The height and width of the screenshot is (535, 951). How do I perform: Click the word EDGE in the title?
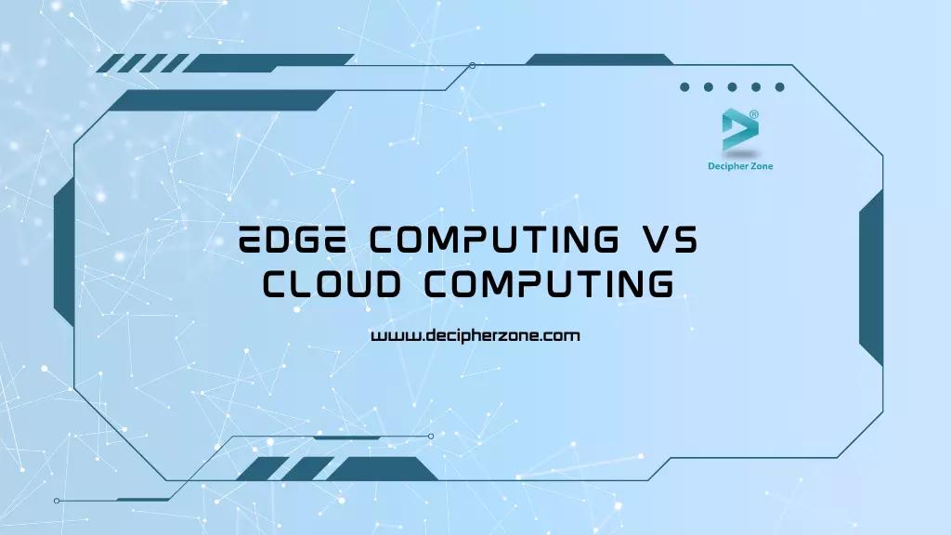[293, 239]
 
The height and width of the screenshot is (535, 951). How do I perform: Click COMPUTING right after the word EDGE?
[494, 239]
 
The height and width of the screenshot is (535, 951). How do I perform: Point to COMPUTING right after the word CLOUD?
[549, 284]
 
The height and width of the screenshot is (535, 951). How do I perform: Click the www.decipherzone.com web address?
[475, 335]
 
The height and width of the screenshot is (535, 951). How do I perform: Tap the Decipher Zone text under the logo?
[740, 166]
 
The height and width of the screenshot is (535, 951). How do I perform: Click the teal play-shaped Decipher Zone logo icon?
[739, 130]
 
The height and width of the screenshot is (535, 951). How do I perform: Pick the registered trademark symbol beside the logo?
[754, 114]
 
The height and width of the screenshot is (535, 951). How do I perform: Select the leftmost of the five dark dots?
[684, 87]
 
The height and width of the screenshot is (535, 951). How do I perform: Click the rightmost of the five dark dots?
[780, 87]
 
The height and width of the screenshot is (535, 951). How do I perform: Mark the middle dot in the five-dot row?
[732, 87]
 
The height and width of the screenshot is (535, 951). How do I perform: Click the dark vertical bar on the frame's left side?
[64, 253]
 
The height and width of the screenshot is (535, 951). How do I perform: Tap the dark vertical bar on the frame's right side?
[871, 277]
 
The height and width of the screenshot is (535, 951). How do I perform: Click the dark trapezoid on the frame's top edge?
[599, 59]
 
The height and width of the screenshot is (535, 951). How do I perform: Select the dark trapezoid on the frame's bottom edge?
[382, 469]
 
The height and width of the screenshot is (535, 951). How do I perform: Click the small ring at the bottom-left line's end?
[57, 501]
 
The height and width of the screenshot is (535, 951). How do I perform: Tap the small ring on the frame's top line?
[473, 66]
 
